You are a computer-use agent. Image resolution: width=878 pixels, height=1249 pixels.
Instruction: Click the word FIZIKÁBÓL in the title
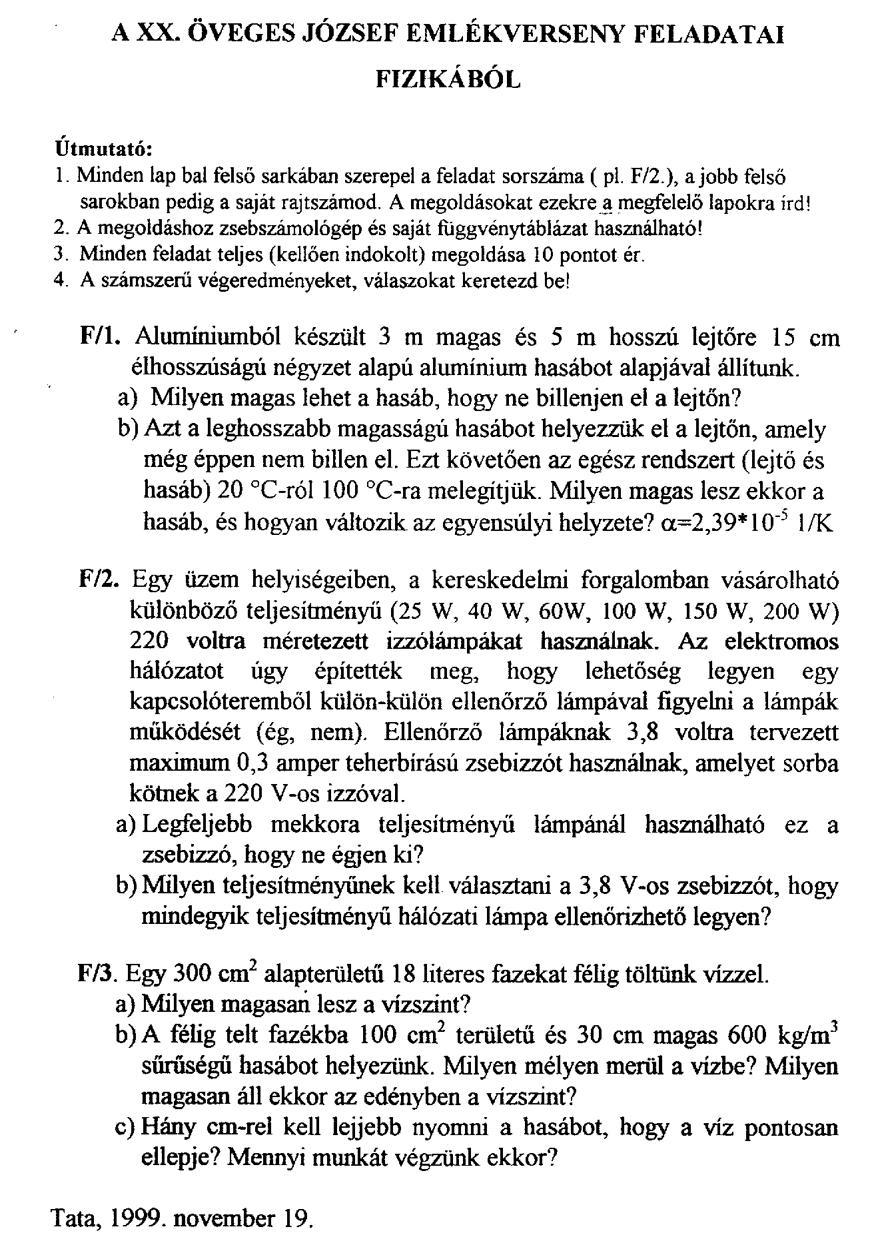tap(448, 80)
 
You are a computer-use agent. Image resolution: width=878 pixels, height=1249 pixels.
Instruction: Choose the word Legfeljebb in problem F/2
tap(198, 825)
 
